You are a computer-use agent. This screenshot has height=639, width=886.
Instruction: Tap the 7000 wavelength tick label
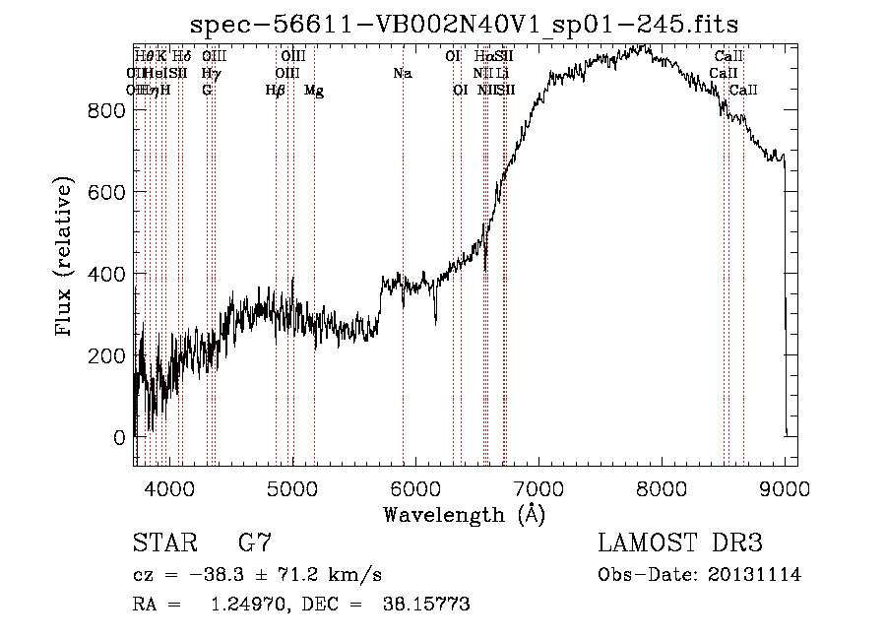click(538, 489)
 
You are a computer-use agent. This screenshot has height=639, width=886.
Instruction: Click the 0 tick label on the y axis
click(119, 437)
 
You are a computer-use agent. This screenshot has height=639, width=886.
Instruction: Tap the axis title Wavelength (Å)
click(465, 514)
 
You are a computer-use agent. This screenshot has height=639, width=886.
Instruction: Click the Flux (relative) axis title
click(65, 257)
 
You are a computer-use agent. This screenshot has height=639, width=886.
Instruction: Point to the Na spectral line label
click(402, 73)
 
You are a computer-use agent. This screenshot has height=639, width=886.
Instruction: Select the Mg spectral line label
click(314, 91)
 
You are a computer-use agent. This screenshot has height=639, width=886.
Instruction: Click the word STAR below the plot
click(164, 543)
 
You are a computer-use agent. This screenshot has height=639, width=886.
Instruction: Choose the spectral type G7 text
click(255, 543)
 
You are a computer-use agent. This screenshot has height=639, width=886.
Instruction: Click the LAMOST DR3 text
click(680, 543)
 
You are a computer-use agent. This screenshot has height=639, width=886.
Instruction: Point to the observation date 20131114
click(754, 575)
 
